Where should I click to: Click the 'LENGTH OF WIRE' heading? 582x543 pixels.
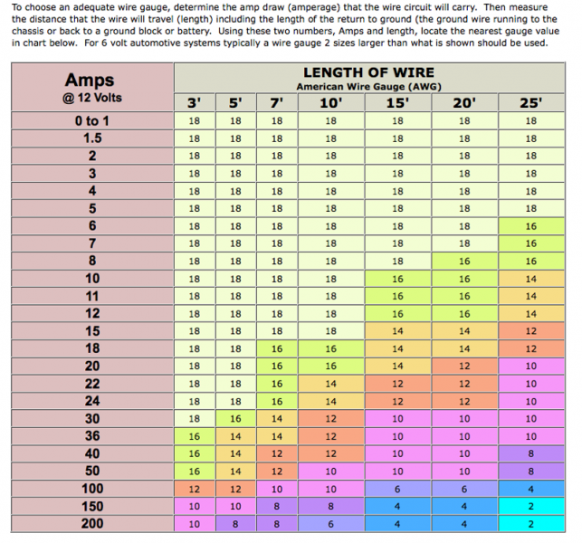pyautogui.click(x=367, y=72)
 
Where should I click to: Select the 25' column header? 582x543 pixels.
pyautogui.click(x=530, y=103)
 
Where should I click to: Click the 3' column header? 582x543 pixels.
pyautogui.click(x=194, y=103)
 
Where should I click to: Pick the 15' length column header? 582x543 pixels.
pyautogui.click(x=397, y=103)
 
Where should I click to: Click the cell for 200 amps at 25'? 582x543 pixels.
pyautogui.click(x=530, y=524)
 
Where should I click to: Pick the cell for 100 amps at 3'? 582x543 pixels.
pyautogui.click(x=194, y=489)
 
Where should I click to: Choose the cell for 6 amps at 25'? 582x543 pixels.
pyautogui.click(x=530, y=226)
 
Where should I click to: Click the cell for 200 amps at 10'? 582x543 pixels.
pyautogui.click(x=331, y=524)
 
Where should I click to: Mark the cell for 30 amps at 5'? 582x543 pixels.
pyautogui.click(x=235, y=419)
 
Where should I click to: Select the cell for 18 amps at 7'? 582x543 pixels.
pyautogui.click(x=277, y=348)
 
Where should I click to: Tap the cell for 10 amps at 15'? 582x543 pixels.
pyautogui.click(x=397, y=279)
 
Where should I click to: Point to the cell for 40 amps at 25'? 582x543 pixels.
pyautogui.click(x=530, y=453)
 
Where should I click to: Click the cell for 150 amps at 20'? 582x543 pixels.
pyautogui.click(x=464, y=506)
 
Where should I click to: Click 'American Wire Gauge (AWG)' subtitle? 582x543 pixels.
pyautogui.click(x=367, y=86)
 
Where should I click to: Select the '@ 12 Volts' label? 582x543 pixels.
pyautogui.click(x=94, y=97)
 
